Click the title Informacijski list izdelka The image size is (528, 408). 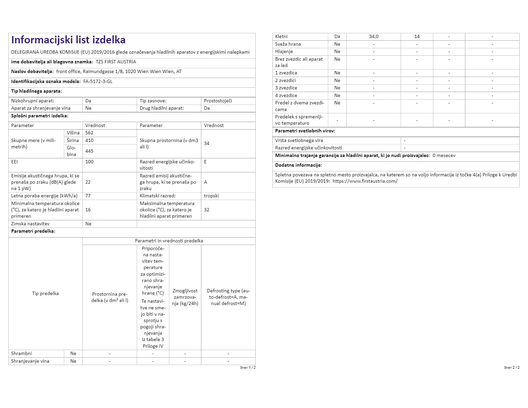point(68,40)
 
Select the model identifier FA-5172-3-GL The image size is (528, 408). point(98,81)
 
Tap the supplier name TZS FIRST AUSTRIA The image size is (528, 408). point(116,62)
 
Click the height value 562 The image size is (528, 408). point(89,133)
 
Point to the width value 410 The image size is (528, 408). point(89,140)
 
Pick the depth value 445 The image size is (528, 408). point(89,151)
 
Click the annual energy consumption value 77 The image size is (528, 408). point(88,196)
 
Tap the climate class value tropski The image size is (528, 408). point(211,196)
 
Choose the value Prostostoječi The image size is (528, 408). point(218,101)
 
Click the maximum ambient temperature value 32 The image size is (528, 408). point(207,210)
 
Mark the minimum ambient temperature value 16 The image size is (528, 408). point(88,210)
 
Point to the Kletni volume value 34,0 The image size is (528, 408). point(374,36)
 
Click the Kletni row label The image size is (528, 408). point(281,36)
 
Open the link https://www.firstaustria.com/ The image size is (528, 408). point(365,181)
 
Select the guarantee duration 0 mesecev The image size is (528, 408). point(444,155)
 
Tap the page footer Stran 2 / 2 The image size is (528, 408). point(512,367)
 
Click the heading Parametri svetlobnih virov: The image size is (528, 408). point(305,131)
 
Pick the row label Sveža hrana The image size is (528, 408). point(288,44)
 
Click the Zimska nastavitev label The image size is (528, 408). point(30,224)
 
